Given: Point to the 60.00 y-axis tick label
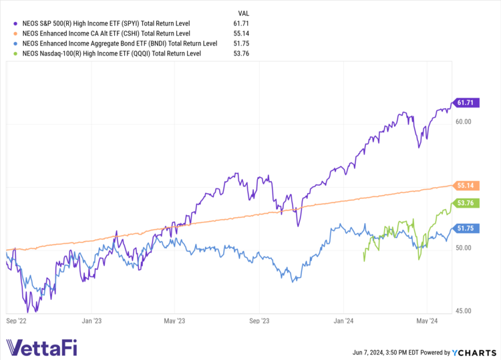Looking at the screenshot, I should pyautogui.click(x=464, y=122).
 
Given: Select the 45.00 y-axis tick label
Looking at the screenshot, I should pyautogui.click(x=464, y=311).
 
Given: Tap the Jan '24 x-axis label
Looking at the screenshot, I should pyautogui.click(x=343, y=320).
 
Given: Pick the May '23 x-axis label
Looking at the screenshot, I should pyautogui.click(x=174, y=320).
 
